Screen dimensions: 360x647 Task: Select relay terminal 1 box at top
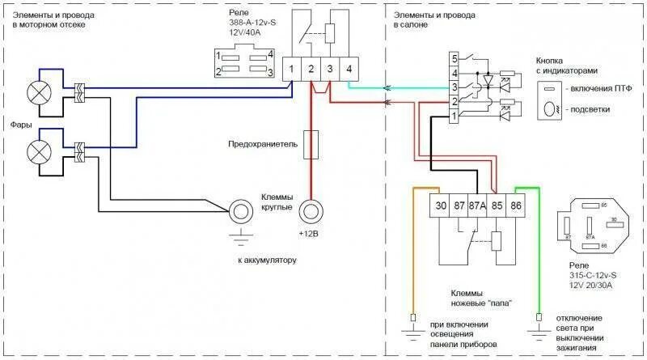tap(292, 70)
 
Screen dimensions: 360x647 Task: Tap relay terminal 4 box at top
tap(349, 70)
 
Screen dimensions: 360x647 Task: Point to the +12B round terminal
tap(311, 213)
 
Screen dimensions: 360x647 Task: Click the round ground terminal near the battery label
tap(240, 213)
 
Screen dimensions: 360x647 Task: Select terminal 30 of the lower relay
tap(441, 205)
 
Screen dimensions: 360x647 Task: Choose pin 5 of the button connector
tap(455, 58)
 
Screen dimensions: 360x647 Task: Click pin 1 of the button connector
tap(455, 116)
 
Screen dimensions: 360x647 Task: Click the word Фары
tap(22, 124)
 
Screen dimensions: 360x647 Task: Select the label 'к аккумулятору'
tap(268, 260)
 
